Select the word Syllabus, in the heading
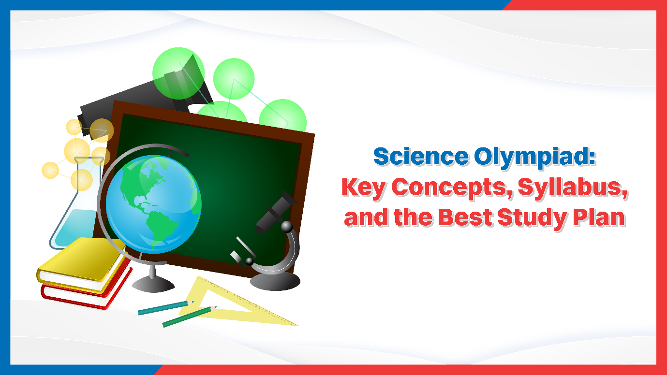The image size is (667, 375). [573, 187]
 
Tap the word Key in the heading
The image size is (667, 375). [363, 187]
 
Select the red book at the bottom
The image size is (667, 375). [85, 292]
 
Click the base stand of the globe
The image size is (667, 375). [153, 285]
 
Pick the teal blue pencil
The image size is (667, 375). [162, 308]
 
